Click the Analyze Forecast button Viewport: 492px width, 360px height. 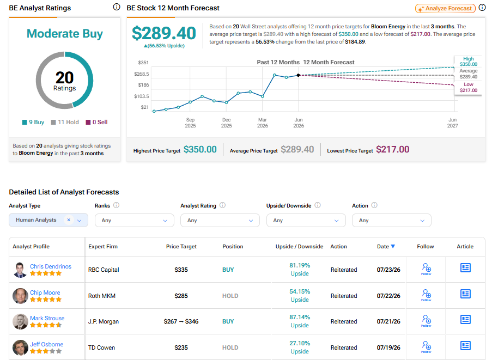pos(445,9)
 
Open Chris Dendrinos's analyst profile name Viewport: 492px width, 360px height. pos(51,266)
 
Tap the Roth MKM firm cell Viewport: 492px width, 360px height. pos(102,296)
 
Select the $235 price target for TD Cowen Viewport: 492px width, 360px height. pos(181,347)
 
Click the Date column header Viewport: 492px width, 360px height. pos(386,247)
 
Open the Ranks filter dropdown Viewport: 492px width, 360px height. pos(134,221)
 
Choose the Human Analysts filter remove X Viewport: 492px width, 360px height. pos(69,220)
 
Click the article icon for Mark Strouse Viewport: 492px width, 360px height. pos(465,320)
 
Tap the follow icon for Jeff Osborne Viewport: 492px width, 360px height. pos(426,346)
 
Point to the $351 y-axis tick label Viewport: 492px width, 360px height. pos(143,63)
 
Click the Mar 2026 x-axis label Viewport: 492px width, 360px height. pos(263,123)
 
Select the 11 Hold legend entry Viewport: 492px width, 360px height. pos(65,123)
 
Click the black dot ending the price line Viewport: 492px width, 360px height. pos(298,75)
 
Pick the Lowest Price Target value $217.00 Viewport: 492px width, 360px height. pos(392,149)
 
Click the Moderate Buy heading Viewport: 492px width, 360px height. pos(65,34)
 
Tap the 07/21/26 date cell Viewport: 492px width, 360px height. pos(388,321)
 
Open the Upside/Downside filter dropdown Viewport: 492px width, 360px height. pos(306,221)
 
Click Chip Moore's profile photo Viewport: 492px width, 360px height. pos(20,296)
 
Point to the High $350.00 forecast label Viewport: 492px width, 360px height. pos(469,62)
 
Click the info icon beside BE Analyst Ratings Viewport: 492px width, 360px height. pos(117,7)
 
